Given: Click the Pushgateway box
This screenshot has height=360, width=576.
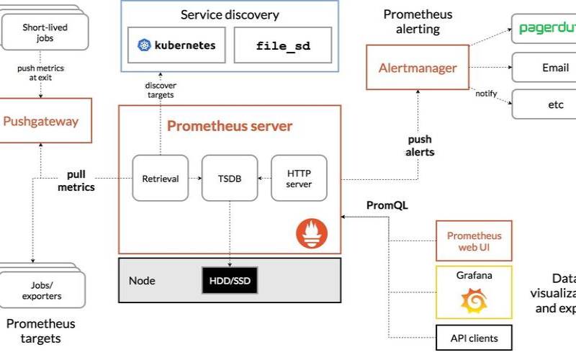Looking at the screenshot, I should pyautogui.click(x=40, y=121).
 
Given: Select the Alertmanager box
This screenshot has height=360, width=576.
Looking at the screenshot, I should pyautogui.click(x=418, y=68).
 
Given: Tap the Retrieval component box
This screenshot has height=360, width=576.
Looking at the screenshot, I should pyautogui.click(x=160, y=179).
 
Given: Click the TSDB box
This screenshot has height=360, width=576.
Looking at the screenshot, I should pyautogui.click(x=230, y=179).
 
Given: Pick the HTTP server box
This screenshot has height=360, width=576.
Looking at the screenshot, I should pyautogui.click(x=299, y=179).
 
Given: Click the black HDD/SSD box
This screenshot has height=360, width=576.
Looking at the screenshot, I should pyautogui.click(x=230, y=280).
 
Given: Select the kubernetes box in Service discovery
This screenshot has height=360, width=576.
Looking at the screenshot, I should pyautogui.click(x=176, y=45).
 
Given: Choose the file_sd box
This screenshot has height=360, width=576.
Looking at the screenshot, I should pyautogui.click(x=283, y=45).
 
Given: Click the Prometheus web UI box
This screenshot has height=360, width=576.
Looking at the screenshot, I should pyautogui.click(x=474, y=241).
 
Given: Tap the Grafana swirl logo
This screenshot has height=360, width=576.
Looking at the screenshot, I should pyautogui.click(x=474, y=300).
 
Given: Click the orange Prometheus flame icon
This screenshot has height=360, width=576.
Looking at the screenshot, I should pyautogui.click(x=311, y=233).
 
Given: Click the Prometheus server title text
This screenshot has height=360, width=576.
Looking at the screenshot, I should pyautogui.click(x=230, y=127).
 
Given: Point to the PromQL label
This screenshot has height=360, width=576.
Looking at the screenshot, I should pyautogui.click(x=387, y=205).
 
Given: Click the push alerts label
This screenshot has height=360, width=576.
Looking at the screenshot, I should pyautogui.click(x=420, y=146).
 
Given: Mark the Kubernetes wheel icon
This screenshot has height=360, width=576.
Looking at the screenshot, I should pyautogui.click(x=143, y=45).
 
